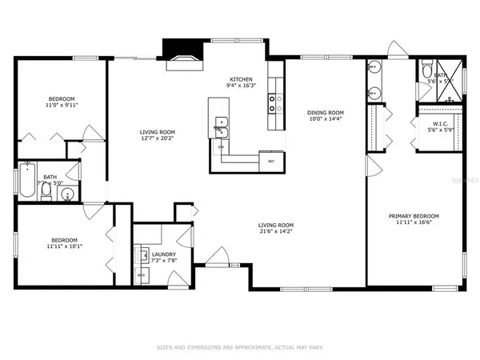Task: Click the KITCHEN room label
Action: click(242, 80)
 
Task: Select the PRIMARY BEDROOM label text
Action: click(414, 216)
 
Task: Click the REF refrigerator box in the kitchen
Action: click(272, 162)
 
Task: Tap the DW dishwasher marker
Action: click(220, 147)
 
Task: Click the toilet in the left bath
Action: click(70, 193)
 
